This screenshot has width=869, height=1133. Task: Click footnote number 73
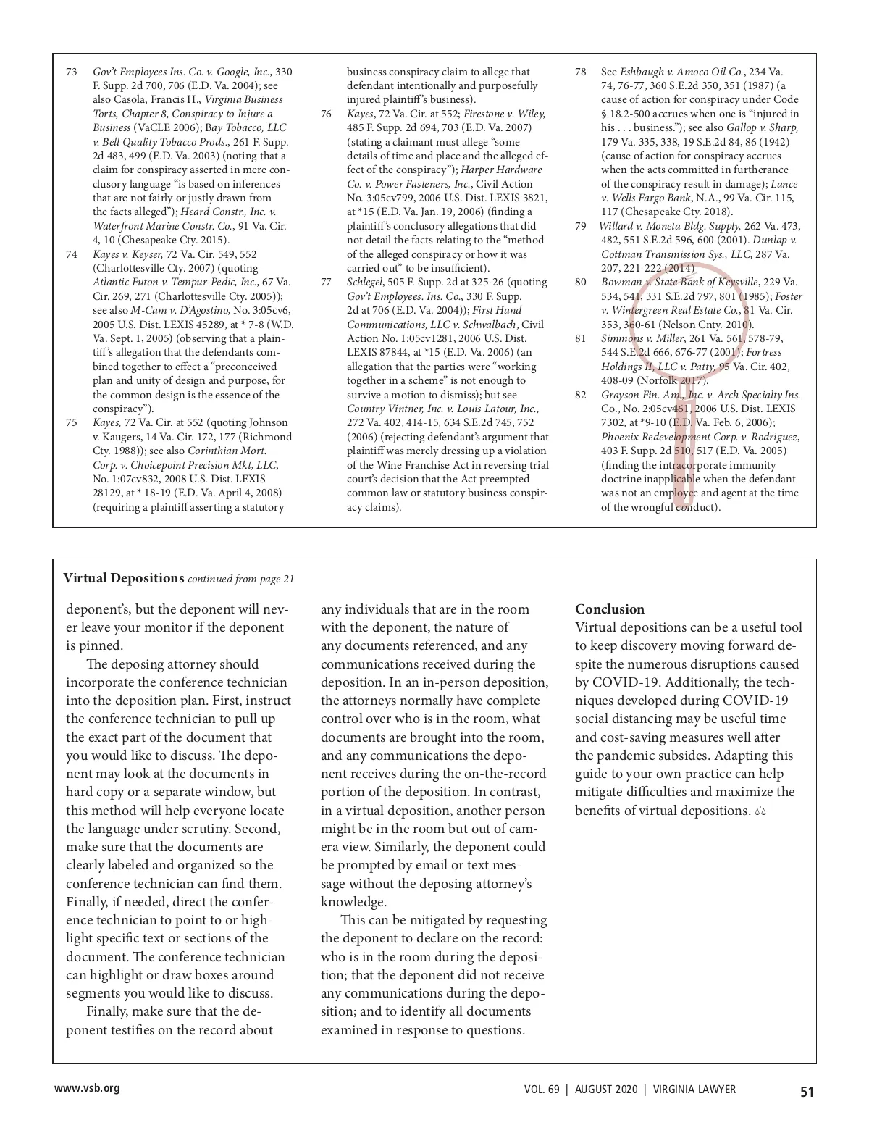click(x=71, y=72)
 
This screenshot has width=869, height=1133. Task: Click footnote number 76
click(x=326, y=114)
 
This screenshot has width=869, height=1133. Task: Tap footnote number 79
click(x=580, y=226)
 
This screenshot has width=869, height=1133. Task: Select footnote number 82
click(x=580, y=395)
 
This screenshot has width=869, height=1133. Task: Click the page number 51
click(x=807, y=1092)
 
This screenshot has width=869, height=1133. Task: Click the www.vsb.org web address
click(x=87, y=1088)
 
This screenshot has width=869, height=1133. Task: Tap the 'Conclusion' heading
click(x=609, y=609)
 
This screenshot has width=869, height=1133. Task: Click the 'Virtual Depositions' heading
click(x=123, y=578)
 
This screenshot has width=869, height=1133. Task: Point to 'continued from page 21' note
click(x=240, y=580)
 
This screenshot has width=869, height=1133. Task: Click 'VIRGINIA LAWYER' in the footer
click(x=694, y=1090)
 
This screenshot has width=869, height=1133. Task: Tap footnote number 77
click(x=326, y=283)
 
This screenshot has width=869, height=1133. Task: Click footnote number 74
click(x=71, y=254)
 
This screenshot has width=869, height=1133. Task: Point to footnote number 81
click(x=580, y=338)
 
